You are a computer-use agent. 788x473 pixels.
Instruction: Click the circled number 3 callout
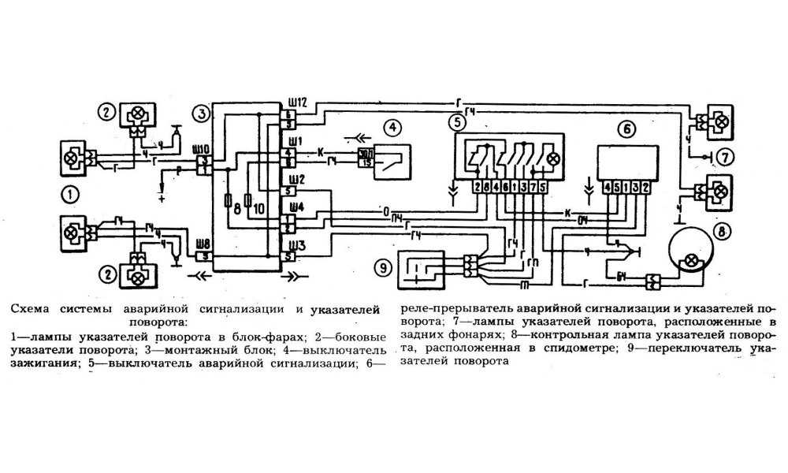pyautogui.click(x=203, y=114)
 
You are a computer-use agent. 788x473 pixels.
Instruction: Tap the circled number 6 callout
pyautogui.click(x=626, y=128)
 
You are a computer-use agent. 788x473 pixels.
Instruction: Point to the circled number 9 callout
pyautogui.click(x=383, y=268)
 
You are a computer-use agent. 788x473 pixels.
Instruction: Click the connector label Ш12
pyautogui.click(x=296, y=102)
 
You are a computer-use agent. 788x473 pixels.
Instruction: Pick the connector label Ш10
pyautogui.click(x=201, y=148)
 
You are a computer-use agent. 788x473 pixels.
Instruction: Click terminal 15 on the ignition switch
pyautogui.click(x=366, y=161)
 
